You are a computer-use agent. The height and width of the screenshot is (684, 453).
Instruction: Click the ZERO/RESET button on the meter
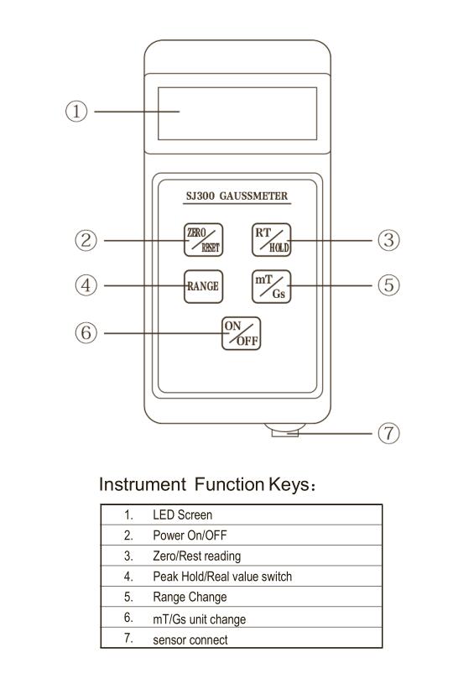[203, 240]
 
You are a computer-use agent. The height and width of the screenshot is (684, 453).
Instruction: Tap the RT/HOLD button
[271, 240]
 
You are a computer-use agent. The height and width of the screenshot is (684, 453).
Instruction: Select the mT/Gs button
[271, 286]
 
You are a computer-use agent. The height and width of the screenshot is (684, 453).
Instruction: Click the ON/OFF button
[241, 334]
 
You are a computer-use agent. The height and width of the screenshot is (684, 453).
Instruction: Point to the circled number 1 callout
[76, 112]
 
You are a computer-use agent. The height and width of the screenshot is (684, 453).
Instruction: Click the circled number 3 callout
[388, 240]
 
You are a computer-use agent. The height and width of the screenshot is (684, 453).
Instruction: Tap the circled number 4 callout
[86, 285]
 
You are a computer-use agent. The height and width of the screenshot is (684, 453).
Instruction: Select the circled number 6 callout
[86, 333]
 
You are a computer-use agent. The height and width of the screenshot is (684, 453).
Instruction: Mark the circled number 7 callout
[388, 433]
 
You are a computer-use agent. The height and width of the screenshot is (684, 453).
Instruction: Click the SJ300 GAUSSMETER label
[237, 196]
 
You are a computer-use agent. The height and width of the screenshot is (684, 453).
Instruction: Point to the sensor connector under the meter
[285, 430]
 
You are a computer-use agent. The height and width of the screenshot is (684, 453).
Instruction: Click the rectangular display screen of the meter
[237, 113]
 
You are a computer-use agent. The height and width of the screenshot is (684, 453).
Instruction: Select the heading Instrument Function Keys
[207, 484]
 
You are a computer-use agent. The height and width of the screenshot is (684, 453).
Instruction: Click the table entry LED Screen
[182, 514]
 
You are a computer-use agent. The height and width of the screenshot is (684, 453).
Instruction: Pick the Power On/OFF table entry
[190, 535]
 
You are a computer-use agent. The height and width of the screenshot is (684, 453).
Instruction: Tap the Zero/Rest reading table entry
[196, 556]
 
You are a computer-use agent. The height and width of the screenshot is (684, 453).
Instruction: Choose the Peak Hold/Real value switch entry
[222, 577]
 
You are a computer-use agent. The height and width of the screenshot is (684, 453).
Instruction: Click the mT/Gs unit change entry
[200, 619]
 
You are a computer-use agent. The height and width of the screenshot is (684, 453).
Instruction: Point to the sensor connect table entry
[190, 640]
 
